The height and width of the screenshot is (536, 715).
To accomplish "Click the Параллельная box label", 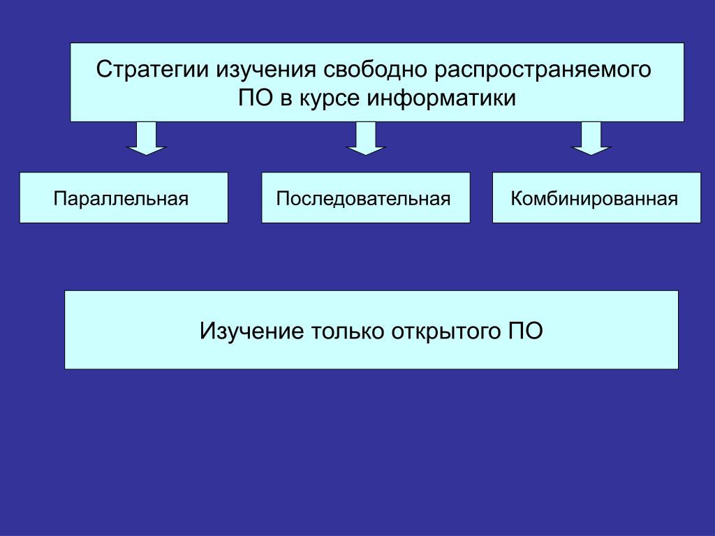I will pos(122,198).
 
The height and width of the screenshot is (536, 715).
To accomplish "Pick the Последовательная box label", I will pos(363,198).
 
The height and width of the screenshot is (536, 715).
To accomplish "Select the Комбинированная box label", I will pos(594,198).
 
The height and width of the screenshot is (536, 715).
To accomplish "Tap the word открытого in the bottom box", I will pos(442,330).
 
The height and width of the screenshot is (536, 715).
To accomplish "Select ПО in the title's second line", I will pos(256,98).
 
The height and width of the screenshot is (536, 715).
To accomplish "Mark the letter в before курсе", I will pos(286,98).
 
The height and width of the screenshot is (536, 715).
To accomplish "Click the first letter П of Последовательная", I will pos(281,198).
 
